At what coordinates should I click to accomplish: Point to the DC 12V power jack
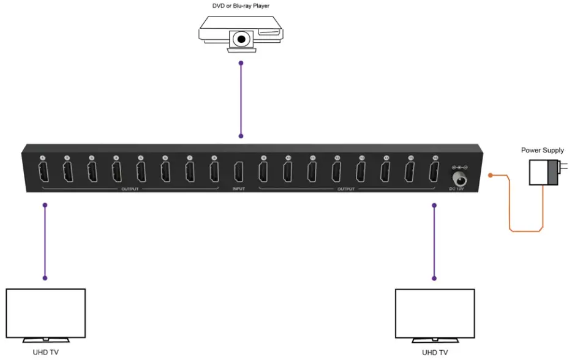[x=459, y=178]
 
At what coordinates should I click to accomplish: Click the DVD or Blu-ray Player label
[x=241, y=7]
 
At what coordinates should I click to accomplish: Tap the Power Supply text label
[x=542, y=150]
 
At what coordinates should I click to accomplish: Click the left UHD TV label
[x=45, y=352]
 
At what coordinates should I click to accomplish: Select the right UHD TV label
[x=435, y=352]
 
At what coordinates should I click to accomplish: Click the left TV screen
[x=45, y=312]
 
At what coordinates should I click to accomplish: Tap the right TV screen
[x=435, y=312]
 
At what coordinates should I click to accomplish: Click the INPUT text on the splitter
[x=239, y=189]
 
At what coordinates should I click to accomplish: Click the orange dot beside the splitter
[x=491, y=176]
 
